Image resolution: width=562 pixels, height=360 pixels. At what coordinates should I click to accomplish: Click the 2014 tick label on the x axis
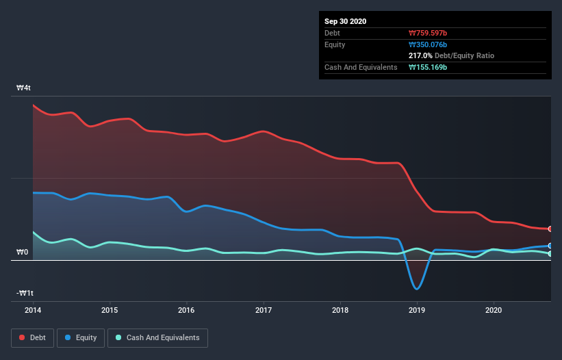(x=33, y=310)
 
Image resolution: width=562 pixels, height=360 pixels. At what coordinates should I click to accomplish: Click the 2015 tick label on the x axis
(x=110, y=310)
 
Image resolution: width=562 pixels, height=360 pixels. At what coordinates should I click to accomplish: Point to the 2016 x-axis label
(x=186, y=310)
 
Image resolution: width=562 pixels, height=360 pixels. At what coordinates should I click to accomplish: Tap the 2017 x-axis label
(x=263, y=310)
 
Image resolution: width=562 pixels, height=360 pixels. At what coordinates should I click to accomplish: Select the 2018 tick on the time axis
(x=340, y=310)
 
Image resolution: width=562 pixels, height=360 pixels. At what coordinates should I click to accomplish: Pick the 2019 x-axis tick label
(x=417, y=310)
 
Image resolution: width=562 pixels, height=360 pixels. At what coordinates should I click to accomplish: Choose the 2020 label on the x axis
(x=494, y=310)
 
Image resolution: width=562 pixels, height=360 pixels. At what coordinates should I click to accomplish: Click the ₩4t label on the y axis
(x=24, y=88)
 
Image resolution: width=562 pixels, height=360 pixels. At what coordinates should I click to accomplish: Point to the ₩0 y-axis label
(x=23, y=253)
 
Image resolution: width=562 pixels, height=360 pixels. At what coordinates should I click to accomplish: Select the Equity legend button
(x=81, y=337)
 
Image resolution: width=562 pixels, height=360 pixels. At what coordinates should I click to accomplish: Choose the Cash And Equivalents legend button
(x=157, y=337)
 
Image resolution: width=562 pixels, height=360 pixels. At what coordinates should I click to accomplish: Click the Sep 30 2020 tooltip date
(x=346, y=21)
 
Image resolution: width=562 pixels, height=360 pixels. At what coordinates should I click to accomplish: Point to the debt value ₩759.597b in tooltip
(x=428, y=33)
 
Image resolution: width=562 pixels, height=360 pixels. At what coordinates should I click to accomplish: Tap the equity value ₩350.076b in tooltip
(x=428, y=44)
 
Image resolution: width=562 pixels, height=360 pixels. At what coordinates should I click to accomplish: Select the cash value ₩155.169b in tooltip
(x=428, y=67)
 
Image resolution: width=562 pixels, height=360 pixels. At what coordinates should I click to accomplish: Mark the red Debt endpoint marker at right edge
(x=550, y=229)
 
